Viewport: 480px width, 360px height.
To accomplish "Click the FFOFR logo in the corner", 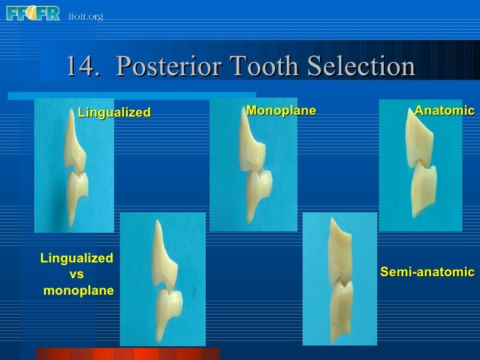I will (x=33, y=13).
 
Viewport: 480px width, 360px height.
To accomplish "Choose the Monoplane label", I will (x=281, y=111).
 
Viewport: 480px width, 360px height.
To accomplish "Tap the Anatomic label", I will (x=444, y=111).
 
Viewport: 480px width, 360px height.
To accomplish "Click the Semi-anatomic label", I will (x=427, y=272).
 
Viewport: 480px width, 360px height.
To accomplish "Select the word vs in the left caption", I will (x=76, y=274).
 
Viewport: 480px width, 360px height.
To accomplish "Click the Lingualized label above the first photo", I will (x=114, y=113).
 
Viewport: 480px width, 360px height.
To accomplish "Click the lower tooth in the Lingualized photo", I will (x=78, y=191).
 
